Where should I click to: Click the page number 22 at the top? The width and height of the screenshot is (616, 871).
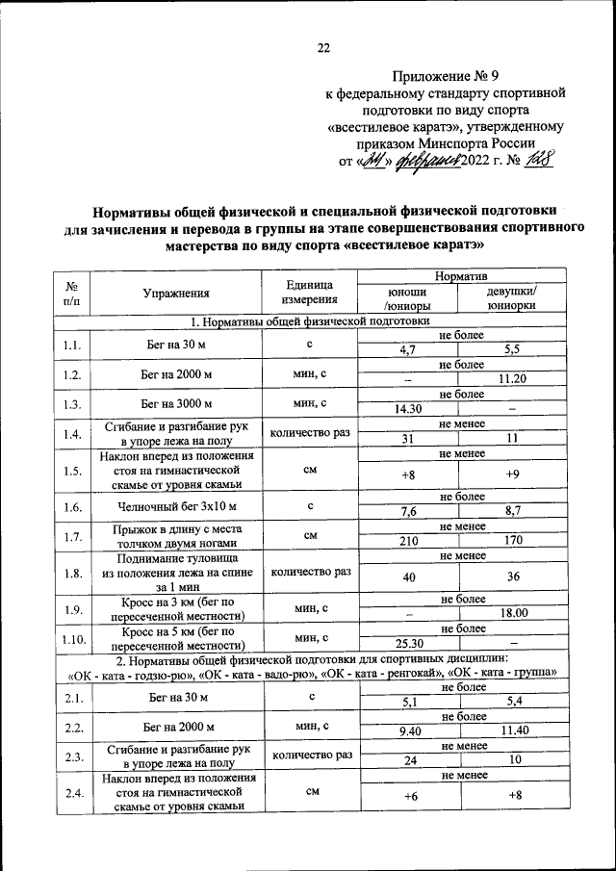point(323,48)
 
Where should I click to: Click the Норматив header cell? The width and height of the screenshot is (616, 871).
point(461,277)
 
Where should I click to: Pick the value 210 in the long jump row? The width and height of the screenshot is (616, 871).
point(409,541)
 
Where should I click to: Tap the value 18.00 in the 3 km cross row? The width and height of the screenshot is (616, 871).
point(512,612)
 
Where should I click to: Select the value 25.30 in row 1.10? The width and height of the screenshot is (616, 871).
point(409,642)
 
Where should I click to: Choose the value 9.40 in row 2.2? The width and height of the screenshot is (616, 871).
point(409,731)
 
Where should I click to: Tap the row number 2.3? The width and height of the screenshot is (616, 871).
point(71,755)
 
